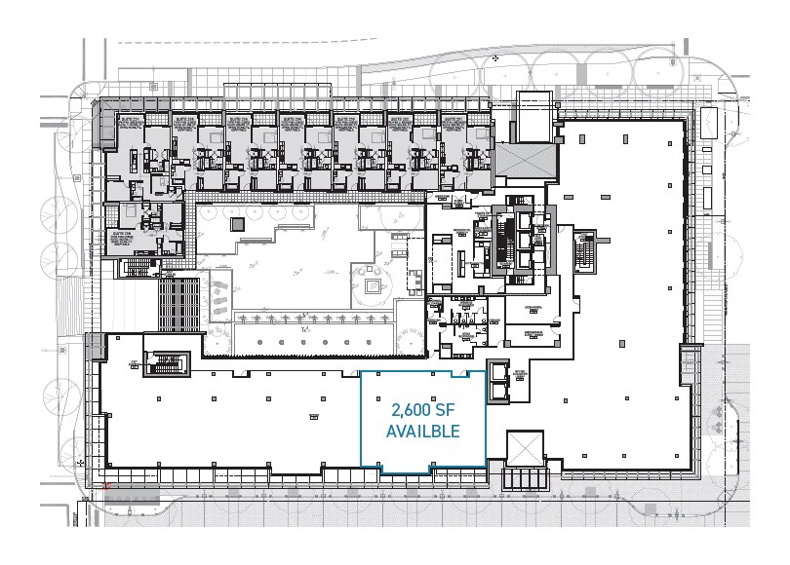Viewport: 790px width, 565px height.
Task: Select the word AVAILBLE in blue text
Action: point(423,430)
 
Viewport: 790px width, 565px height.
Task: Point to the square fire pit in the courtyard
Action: point(374,286)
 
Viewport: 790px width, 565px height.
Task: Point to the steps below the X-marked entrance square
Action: point(524,478)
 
